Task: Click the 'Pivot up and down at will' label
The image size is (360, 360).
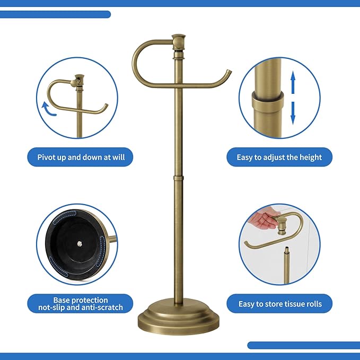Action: tap(80, 157)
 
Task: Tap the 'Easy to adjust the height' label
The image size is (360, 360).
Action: tap(279, 157)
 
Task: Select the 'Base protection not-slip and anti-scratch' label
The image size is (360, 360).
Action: tap(80, 304)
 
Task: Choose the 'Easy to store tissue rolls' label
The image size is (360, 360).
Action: tap(279, 304)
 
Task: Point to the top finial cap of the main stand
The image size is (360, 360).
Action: tap(179, 40)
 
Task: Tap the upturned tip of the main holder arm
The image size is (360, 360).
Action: tap(228, 72)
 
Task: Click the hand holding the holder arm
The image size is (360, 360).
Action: tap(263, 219)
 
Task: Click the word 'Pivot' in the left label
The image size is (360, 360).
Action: tap(48, 157)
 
